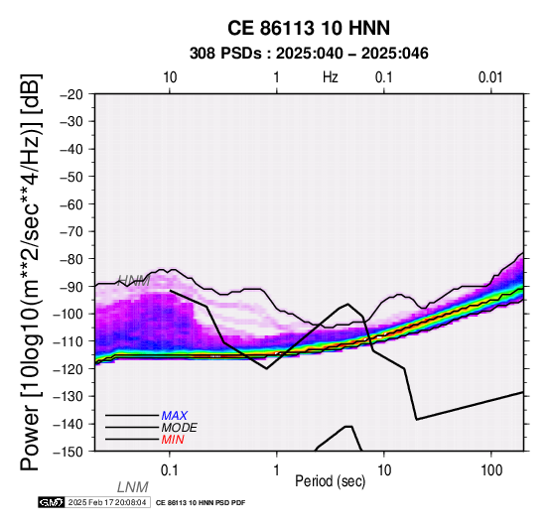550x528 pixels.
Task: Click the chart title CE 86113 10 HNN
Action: [x=309, y=28]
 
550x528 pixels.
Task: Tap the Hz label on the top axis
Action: [x=331, y=77]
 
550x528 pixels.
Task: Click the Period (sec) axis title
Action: [x=330, y=481]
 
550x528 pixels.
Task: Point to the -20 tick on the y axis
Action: [x=71, y=94]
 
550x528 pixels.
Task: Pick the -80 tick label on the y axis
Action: [x=71, y=259]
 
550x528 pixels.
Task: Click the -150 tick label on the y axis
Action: [x=69, y=452]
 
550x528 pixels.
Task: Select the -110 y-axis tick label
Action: [x=69, y=341]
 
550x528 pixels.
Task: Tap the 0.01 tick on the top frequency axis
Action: [x=490, y=77]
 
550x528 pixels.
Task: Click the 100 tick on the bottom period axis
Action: [x=491, y=470]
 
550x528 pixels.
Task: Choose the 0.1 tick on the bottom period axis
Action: [x=170, y=470]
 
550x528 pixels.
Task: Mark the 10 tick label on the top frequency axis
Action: [x=170, y=77]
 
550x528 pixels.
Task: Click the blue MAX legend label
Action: [x=175, y=416]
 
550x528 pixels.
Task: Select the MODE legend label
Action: [x=180, y=428]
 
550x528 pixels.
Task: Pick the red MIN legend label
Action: [x=173, y=440]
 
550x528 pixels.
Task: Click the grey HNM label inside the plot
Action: [x=134, y=281]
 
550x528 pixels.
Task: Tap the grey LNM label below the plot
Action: [x=133, y=487]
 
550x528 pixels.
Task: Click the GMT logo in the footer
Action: [x=52, y=502]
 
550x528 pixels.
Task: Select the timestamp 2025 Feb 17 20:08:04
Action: [x=107, y=502]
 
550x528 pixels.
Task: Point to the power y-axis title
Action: [x=31, y=272]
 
